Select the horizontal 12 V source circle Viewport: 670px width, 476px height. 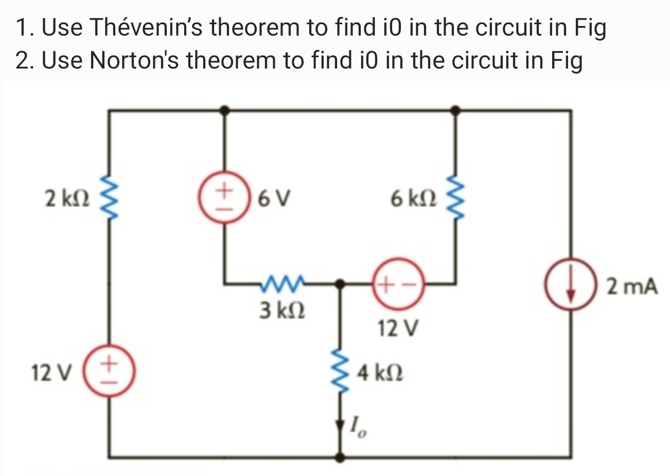(398, 283)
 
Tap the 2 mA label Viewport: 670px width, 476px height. (632, 286)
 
